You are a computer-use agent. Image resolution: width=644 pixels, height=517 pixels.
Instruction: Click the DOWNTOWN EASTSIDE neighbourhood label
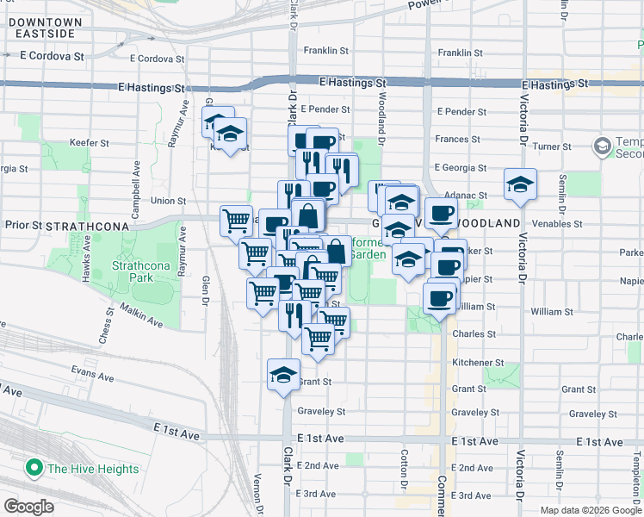coord(46,27)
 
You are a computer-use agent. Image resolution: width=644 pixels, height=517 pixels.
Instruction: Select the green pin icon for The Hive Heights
coord(34,469)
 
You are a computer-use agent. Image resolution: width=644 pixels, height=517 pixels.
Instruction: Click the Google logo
coord(28,506)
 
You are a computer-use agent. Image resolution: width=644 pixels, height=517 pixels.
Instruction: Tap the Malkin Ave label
coord(141,315)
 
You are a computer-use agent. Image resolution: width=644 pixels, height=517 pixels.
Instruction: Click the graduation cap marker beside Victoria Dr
coord(519,184)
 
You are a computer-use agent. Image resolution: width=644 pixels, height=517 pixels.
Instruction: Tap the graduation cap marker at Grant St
coord(282,374)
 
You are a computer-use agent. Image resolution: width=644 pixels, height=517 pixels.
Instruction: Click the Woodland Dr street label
coord(381,115)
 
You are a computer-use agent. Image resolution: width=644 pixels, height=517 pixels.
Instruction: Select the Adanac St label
coord(468,196)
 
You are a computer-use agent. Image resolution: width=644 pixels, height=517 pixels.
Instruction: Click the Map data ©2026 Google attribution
coord(591,510)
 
